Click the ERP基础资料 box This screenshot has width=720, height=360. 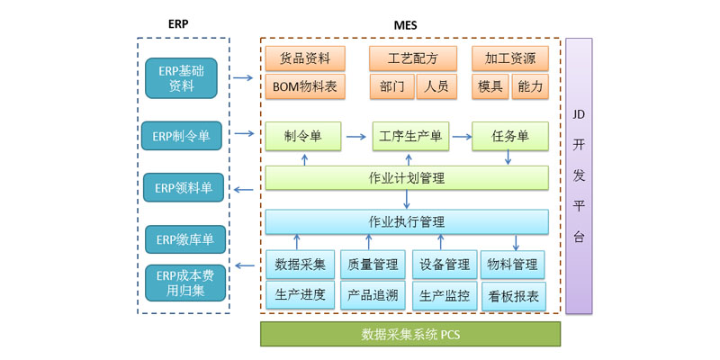[182, 78]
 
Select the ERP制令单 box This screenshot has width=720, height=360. [182, 137]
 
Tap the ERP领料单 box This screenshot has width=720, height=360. [184, 188]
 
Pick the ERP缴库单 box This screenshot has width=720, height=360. [184, 239]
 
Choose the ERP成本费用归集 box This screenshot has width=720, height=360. [182, 283]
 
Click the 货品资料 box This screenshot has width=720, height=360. [304, 59]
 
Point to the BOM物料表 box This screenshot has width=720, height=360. [304, 86]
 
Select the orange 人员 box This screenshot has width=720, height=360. [436, 86]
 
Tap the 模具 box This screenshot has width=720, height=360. [490, 86]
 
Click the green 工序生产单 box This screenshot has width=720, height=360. [410, 137]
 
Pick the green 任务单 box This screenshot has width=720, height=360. [510, 137]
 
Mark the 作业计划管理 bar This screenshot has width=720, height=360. [407, 177]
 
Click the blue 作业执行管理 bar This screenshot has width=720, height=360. [407, 221]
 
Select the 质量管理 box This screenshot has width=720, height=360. [373, 265]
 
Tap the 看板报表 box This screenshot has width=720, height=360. [513, 295]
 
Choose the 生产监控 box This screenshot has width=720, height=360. [444, 295]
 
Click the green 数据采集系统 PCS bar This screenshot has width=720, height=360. [410, 334]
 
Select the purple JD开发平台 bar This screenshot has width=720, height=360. [579, 175]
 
